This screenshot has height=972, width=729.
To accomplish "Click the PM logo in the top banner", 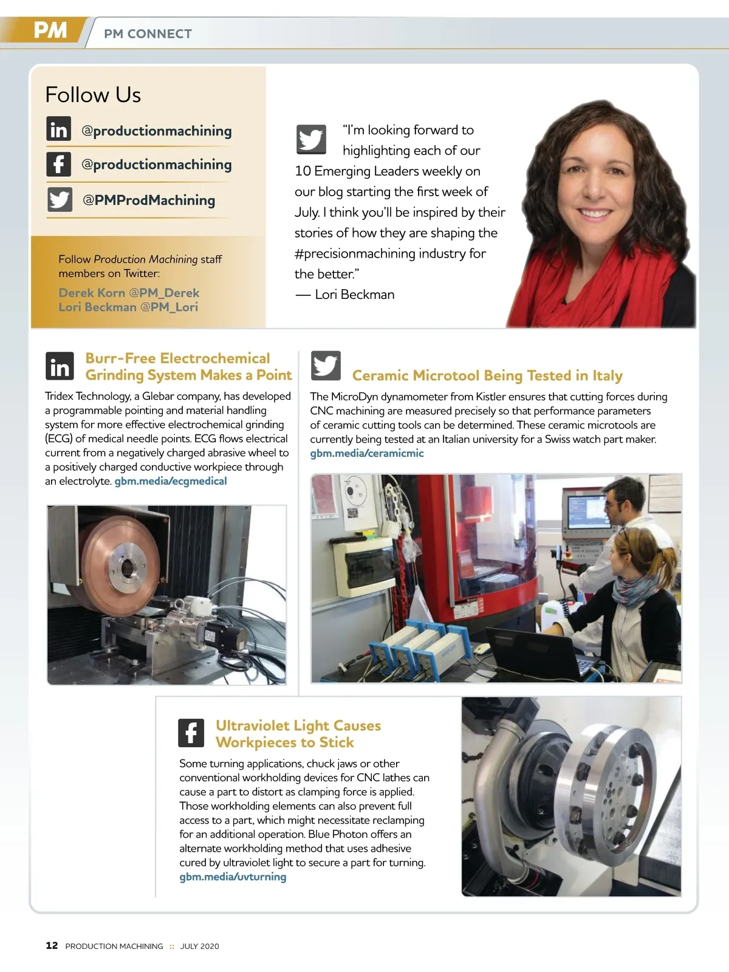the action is click(x=50, y=30).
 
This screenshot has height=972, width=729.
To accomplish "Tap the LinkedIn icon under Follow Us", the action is click(x=58, y=129).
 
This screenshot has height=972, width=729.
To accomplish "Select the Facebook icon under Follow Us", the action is click(x=58, y=164).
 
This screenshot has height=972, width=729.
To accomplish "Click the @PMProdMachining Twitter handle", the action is click(x=149, y=200).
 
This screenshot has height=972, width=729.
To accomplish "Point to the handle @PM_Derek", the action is click(x=164, y=293).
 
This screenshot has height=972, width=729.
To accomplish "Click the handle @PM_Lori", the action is click(x=169, y=307).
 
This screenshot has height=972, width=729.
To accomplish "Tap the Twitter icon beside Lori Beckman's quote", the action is click(x=311, y=140).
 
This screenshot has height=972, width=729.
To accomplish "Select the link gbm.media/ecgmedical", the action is click(x=171, y=481).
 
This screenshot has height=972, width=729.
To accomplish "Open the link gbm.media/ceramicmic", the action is click(x=367, y=453).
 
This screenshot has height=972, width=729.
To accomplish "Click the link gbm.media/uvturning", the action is click(x=233, y=877).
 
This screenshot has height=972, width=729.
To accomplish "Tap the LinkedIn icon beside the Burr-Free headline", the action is click(x=60, y=366).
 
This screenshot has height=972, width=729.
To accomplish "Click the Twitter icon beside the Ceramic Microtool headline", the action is click(x=326, y=366).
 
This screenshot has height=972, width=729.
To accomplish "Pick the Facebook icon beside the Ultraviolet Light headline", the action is click(x=191, y=733).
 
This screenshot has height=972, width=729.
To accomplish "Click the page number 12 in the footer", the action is click(x=52, y=945).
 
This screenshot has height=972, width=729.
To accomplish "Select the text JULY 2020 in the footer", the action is click(x=200, y=946).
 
